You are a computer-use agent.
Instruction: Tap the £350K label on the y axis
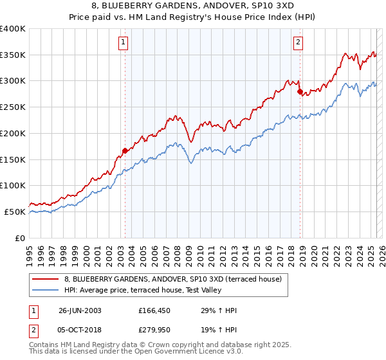click(x=13, y=55)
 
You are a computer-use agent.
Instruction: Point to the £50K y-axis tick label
click(x=15, y=212)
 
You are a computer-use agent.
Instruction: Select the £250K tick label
click(x=13, y=107)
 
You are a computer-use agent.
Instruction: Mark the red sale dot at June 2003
click(x=125, y=151)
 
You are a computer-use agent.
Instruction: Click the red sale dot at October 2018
click(x=300, y=92)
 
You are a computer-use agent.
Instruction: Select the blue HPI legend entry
click(x=142, y=291)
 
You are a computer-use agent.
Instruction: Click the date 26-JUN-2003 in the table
click(x=80, y=310)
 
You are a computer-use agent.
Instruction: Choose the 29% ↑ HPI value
click(x=219, y=310)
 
